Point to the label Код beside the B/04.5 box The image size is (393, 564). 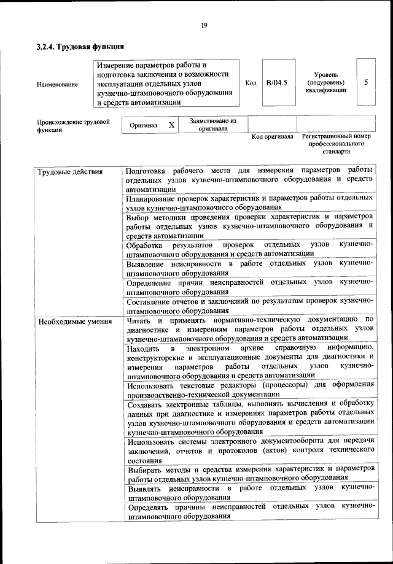250,83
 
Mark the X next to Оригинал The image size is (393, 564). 171,125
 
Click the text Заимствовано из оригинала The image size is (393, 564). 212,125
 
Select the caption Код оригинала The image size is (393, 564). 273,136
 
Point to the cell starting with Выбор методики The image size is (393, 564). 249,225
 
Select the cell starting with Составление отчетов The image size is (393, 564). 249,305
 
